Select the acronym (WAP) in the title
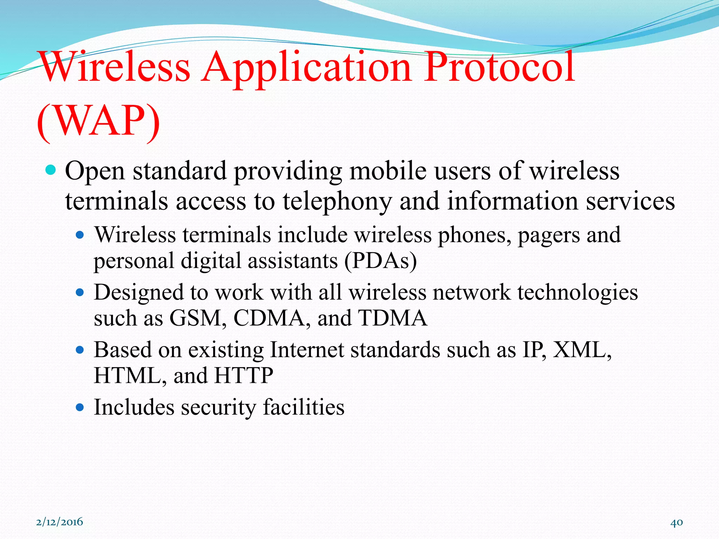click(x=99, y=121)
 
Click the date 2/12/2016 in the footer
click(x=60, y=522)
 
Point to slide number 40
click(x=677, y=523)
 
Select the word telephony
click(x=337, y=202)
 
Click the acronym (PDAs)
click(x=381, y=261)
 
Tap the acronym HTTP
click(x=244, y=376)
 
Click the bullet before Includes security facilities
click(x=80, y=407)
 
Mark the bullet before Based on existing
click(x=80, y=350)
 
